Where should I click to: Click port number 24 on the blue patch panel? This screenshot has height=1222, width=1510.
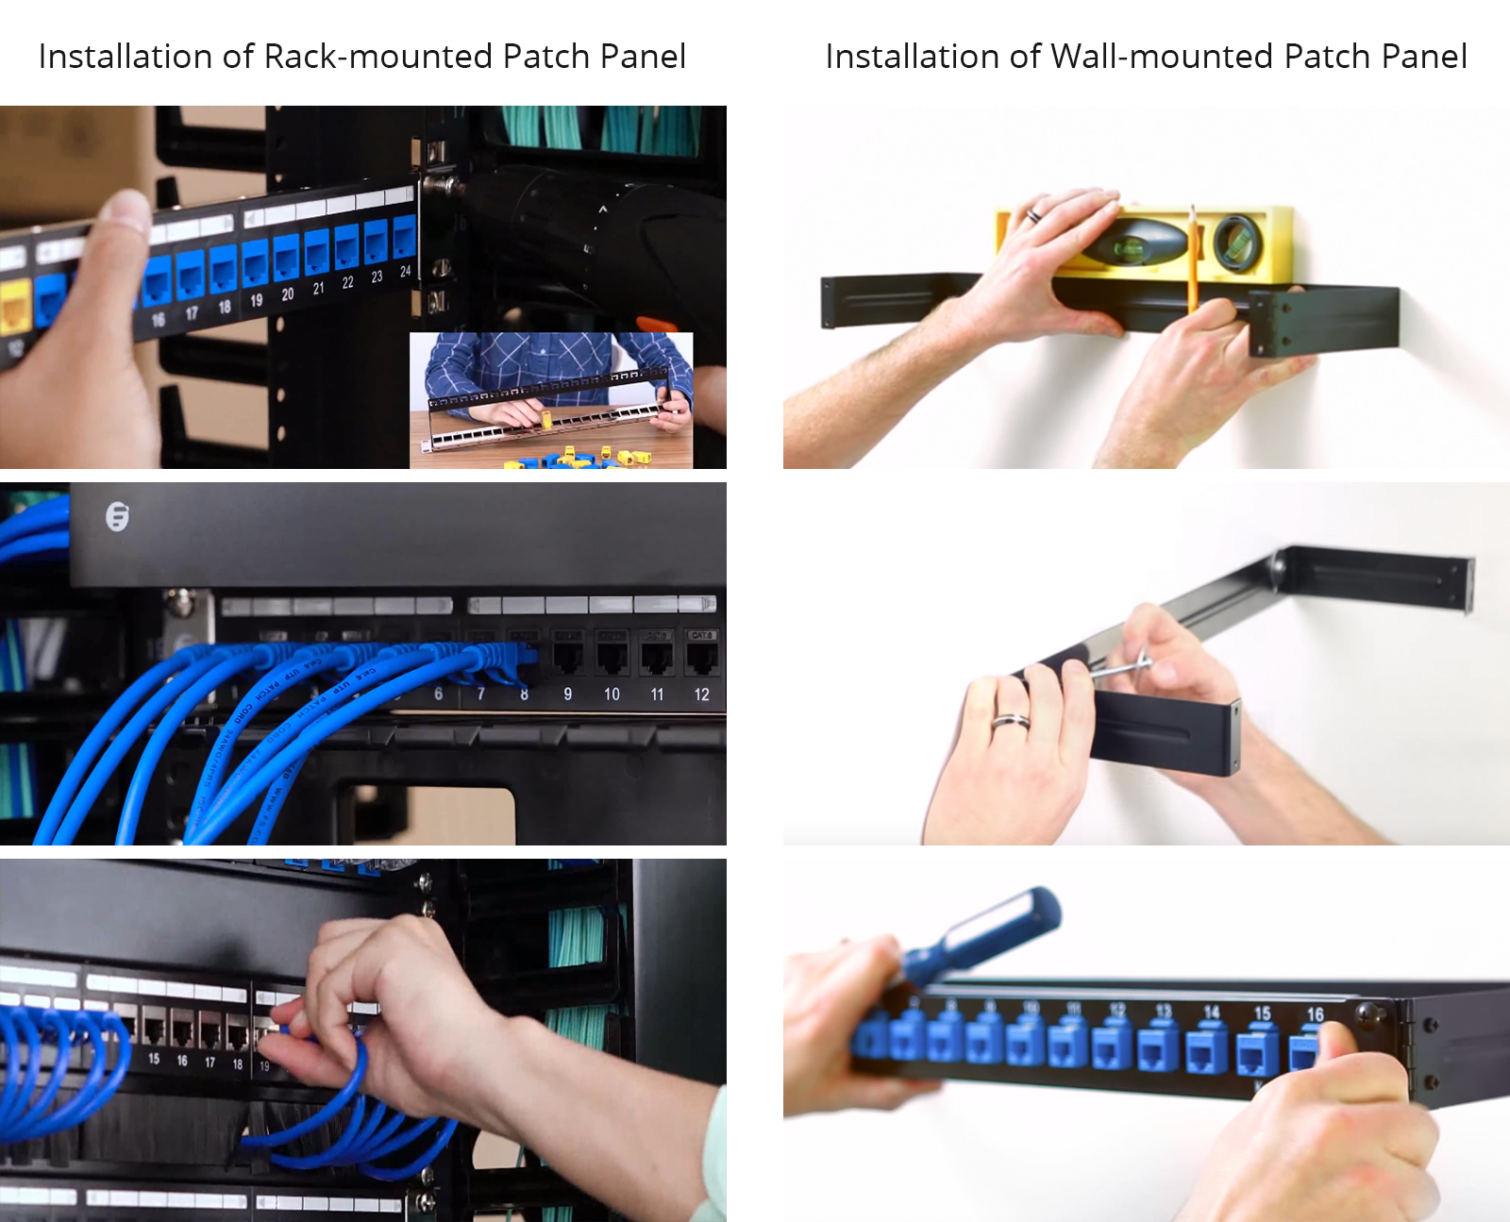coord(405,272)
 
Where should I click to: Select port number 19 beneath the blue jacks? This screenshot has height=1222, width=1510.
coord(257,299)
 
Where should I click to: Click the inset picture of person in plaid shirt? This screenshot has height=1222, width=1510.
coord(551,399)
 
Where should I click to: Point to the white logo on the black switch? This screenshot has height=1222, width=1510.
coord(117,516)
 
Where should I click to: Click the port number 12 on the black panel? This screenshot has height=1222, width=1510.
coord(701,695)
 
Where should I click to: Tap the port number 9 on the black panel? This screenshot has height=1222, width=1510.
coord(567,695)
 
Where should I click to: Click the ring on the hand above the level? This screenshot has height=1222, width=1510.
coord(1033,215)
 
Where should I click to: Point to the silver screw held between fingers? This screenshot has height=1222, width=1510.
coord(1123,667)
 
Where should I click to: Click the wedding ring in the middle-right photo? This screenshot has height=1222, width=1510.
coord(1010,722)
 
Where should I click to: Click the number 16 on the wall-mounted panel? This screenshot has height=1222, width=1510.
coord(1315,1014)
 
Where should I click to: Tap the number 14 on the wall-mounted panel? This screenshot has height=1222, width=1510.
coord(1212,1013)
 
